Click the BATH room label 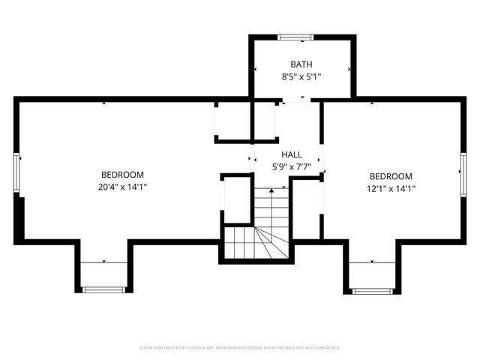pyautogui.click(x=302, y=64)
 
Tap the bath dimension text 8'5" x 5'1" pyautogui.click(x=302, y=76)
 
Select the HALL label pyautogui.click(x=292, y=154)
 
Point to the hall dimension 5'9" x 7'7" pyautogui.click(x=292, y=166)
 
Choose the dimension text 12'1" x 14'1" pyautogui.click(x=391, y=189)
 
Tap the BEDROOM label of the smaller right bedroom pyautogui.click(x=391, y=177)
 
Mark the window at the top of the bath pyautogui.click(x=295, y=36)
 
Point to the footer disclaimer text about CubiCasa pyautogui.click(x=240, y=348)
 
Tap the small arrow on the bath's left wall pyautogui.click(x=256, y=70)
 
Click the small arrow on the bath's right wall pyautogui.click(x=349, y=70)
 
